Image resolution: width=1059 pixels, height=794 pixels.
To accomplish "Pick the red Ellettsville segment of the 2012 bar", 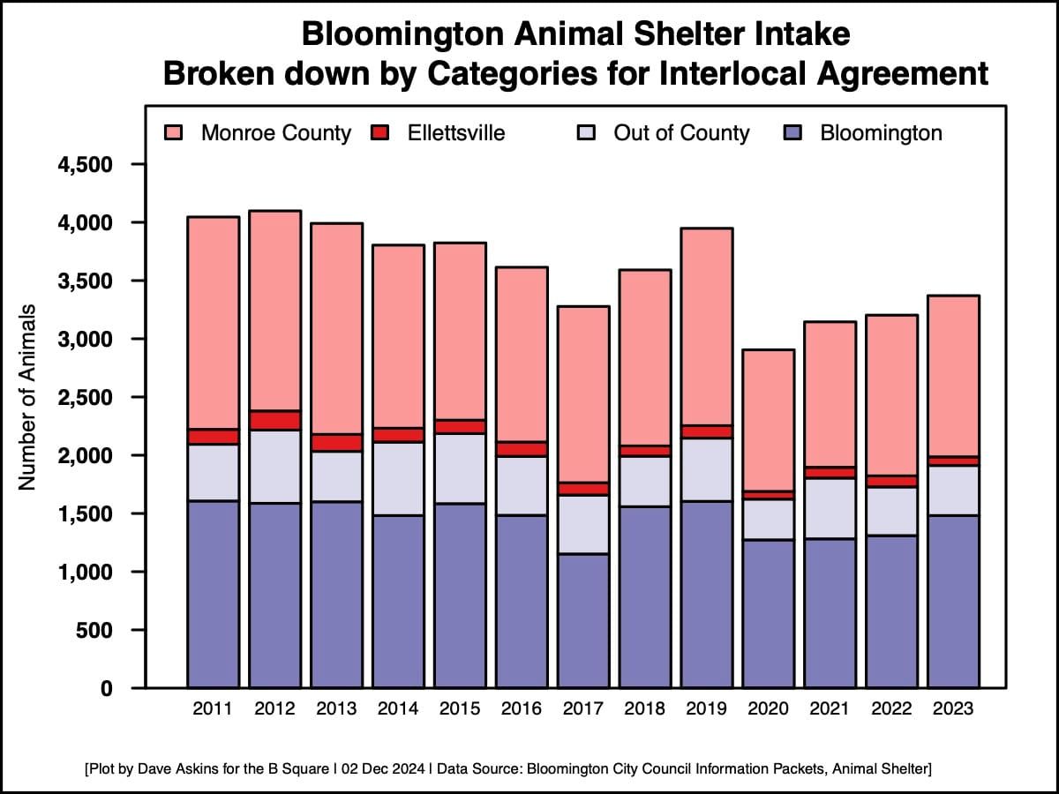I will pos(274,420).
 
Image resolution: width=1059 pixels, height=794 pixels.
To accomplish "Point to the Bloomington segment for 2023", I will pos(954,601).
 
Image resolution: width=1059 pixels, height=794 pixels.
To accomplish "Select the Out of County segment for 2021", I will pos(830,508).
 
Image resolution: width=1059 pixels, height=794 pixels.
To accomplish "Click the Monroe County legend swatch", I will pos(173,133).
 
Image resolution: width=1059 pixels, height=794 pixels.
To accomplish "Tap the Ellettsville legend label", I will pos(456,133).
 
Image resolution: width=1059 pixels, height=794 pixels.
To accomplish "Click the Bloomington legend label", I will pos(881,133).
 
